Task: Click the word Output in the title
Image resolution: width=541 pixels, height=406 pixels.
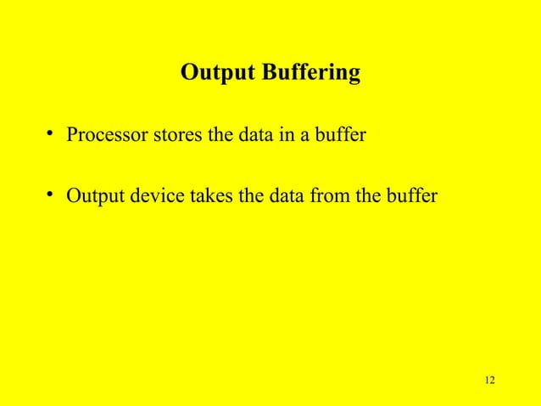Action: click(x=209, y=74)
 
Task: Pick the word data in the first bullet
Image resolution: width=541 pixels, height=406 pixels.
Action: click(x=245, y=135)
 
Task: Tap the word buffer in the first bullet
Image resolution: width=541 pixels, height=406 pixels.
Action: click(x=339, y=135)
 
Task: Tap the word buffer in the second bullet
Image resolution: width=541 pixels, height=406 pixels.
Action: click(x=412, y=198)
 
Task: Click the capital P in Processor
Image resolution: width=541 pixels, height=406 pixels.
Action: click(x=73, y=135)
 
